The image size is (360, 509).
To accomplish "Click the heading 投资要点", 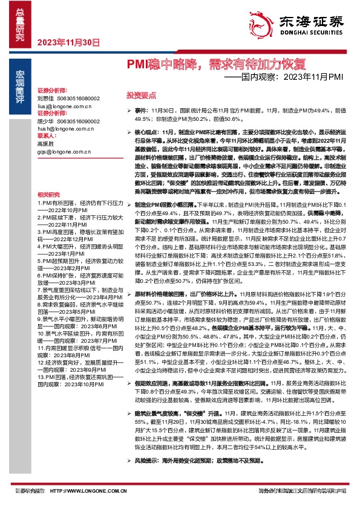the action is (141, 96).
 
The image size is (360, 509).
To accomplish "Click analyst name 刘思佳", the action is (45, 98).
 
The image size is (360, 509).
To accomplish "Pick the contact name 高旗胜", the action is (45, 144).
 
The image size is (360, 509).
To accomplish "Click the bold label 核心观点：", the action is (148, 131).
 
